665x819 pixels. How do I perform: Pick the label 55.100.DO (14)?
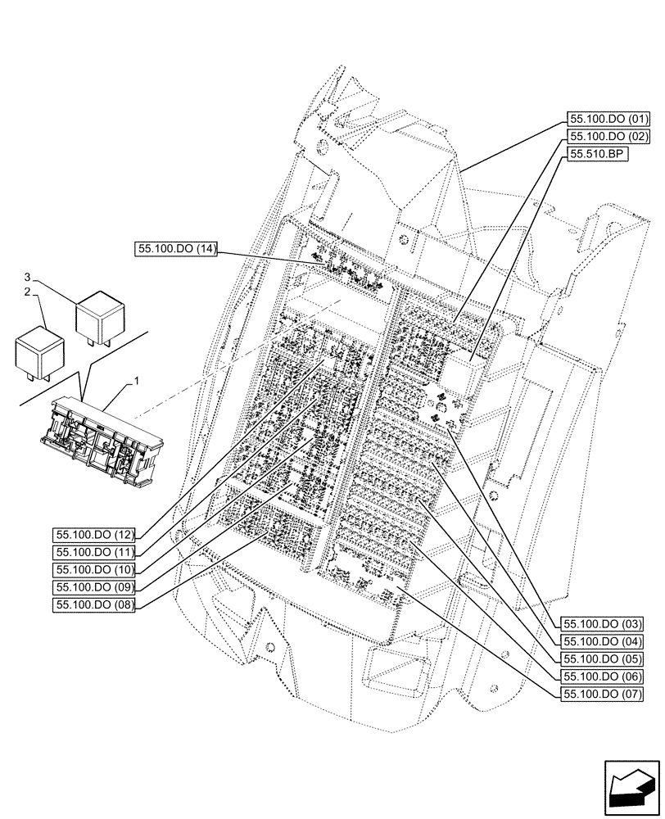click(x=176, y=250)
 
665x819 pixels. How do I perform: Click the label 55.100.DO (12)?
click(x=94, y=534)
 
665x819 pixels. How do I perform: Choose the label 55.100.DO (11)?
click(x=94, y=552)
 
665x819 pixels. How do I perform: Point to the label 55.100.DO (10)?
click(x=94, y=569)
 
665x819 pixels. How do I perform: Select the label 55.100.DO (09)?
click(x=94, y=587)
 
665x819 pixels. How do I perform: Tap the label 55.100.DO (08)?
click(x=94, y=604)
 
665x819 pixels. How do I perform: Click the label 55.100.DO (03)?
click(x=602, y=624)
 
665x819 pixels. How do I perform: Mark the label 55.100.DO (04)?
click(x=602, y=641)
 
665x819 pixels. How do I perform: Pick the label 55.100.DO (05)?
click(x=602, y=658)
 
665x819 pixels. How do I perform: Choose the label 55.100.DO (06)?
click(x=602, y=676)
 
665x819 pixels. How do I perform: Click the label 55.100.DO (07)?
click(x=602, y=694)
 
